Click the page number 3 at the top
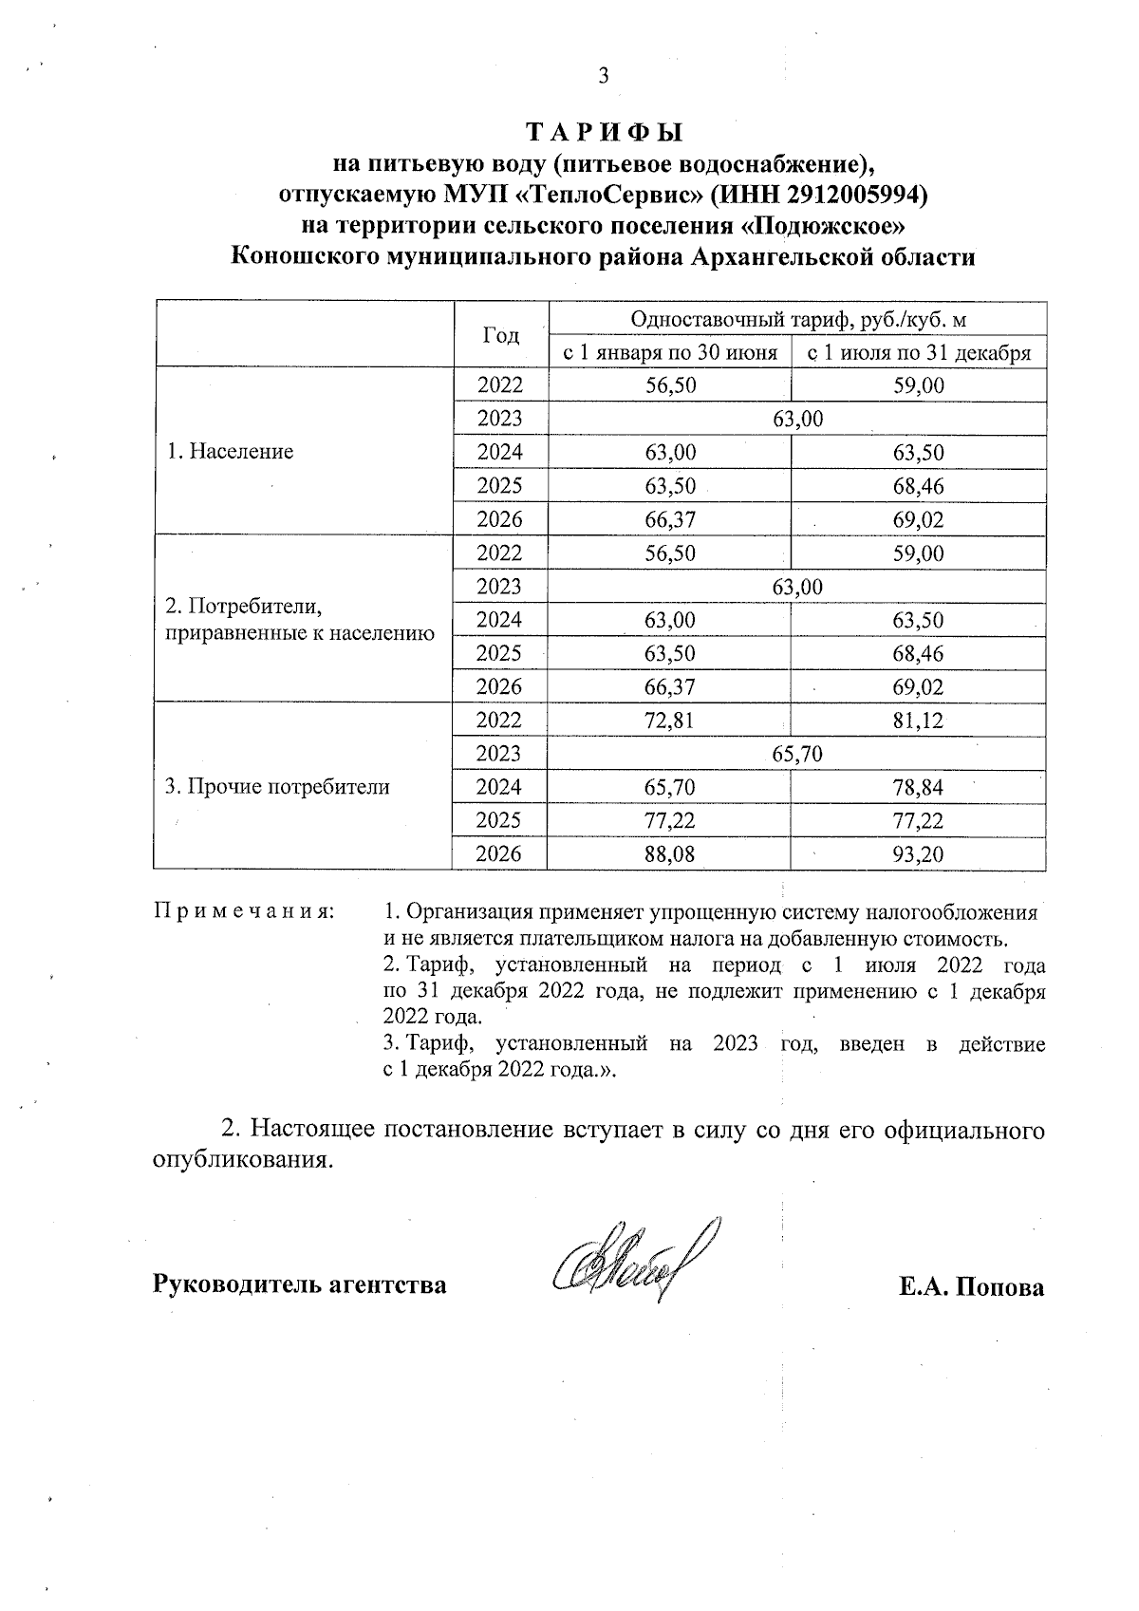pyautogui.click(x=602, y=77)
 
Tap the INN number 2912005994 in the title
pyautogui.click(x=852, y=196)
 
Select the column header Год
pyautogui.click(x=500, y=336)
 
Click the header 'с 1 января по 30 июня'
pyautogui.click(x=669, y=353)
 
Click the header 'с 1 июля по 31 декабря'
pyautogui.click(x=918, y=353)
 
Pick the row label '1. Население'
pyautogui.click(x=231, y=452)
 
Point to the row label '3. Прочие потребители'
pyautogui.click(x=277, y=787)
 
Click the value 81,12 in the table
pyautogui.click(x=918, y=721)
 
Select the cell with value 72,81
pyautogui.click(x=669, y=721)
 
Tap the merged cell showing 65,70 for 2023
pyautogui.click(x=797, y=754)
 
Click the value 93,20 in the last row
pyautogui.click(x=918, y=854)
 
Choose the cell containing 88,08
pyautogui.click(x=669, y=854)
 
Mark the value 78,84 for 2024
pyautogui.click(x=918, y=787)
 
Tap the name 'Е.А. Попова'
pyautogui.click(x=972, y=1287)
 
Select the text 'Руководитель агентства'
pyautogui.click(x=300, y=1285)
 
